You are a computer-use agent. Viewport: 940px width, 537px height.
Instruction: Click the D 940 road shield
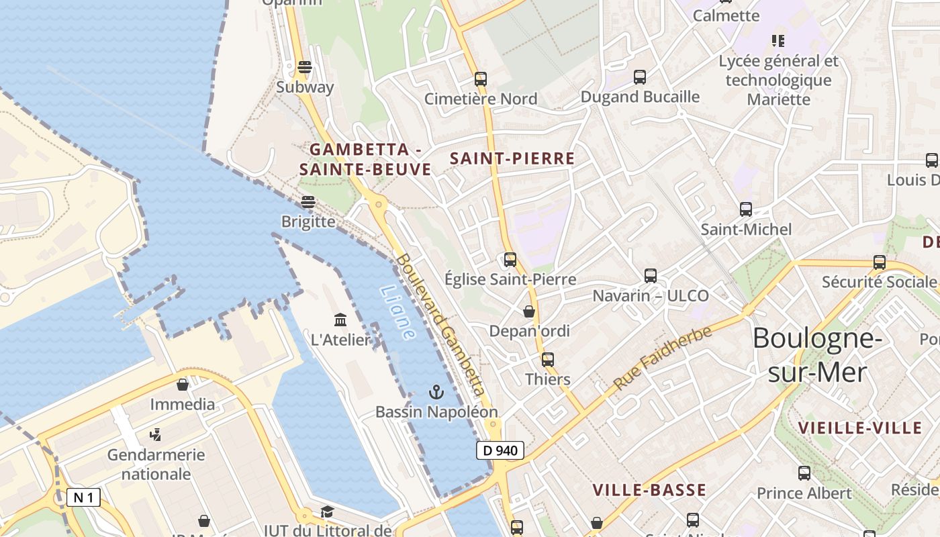coord(500,450)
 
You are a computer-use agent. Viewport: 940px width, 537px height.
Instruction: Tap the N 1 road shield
coord(84,497)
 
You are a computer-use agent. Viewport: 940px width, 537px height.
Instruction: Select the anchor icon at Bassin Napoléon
coord(436,391)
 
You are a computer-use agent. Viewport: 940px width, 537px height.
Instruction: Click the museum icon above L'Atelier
coord(340,320)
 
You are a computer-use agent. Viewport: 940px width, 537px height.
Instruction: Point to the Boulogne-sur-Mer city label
coord(817,354)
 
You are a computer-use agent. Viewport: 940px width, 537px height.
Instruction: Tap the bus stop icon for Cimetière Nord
coord(481,79)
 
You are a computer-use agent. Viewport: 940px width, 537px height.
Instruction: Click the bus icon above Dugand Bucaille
coord(640,77)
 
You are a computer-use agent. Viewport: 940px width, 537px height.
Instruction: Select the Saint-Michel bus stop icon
coord(746,209)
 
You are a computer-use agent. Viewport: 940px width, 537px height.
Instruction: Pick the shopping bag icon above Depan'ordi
coord(529,311)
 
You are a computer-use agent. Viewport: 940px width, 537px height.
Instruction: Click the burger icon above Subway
coord(305,67)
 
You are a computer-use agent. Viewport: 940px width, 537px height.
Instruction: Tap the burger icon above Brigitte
coord(308,202)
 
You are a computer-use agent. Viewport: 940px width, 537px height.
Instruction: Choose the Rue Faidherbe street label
coord(662,358)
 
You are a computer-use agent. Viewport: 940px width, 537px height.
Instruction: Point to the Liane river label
coord(397,313)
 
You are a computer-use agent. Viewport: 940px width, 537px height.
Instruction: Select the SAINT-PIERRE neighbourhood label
coord(512,159)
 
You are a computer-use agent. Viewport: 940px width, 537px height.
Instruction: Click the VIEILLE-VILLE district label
coord(859,428)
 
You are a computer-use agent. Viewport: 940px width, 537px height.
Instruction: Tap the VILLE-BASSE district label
coord(649,490)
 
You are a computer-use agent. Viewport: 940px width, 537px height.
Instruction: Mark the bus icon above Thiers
coord(548,360)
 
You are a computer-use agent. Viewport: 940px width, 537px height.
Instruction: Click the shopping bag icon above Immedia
coord(183,385)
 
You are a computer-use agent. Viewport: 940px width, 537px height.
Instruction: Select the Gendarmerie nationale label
coord(156,465)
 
